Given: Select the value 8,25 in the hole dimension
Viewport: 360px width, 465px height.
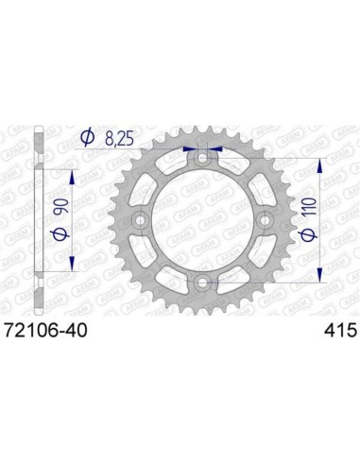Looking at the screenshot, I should pos(119,138).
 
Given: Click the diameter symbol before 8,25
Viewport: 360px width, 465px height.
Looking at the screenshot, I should pos(88,138).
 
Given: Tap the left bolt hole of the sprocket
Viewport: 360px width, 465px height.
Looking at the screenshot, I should pos(139,220).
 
